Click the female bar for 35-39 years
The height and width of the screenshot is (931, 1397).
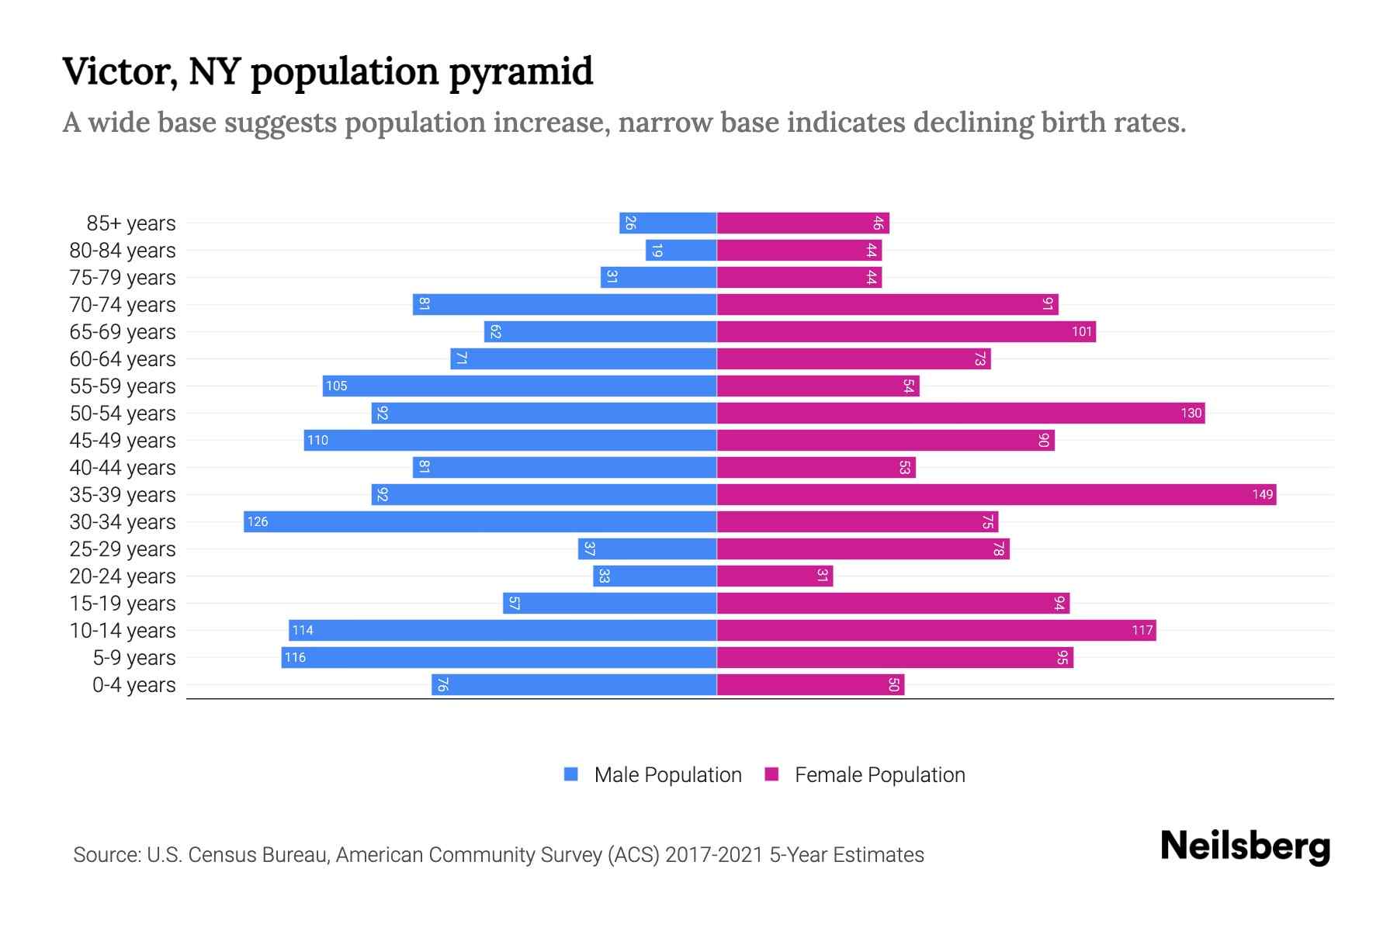pyautogui.click(x=997, y=494)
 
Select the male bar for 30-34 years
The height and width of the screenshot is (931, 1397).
pyautogui.click(x=480, y=521)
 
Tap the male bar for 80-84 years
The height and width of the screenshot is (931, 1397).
pyautogui.click(x=681, y=250)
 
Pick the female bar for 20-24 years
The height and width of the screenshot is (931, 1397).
pyautogui.click(x=775, y=576)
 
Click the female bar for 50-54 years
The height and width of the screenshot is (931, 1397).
pyautogui.click(x=961, y=413)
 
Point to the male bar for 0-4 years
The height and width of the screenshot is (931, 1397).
pyautogui.click(x=574, y=684)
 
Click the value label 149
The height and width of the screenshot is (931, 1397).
pyautogui.click(x=1262, y=494)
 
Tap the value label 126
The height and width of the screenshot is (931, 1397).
pyautogui.click(x=258, y=521)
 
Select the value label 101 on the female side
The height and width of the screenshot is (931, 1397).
pyautogui.click(x=1082, y=331)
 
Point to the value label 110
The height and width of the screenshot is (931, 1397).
pyautogui.click(x=317, y=440)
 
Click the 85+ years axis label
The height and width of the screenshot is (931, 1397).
pyautogui.click(x=130, y=223)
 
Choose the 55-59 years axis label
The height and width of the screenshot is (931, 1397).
pyautogui.click(x=123, y=386)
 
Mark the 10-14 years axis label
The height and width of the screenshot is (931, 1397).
pyautogui.click(x=123, y=631)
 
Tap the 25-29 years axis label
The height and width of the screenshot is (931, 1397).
pyautogui.click(x=123, y=549)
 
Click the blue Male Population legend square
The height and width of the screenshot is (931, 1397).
pyautogui.click(x=571, y=774)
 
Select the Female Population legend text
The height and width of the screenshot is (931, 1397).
pyautogui.click(x=879, y=774)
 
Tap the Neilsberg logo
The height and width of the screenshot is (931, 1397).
pyautogui.click(x=1245, y=846)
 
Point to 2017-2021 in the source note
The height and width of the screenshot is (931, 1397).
pyautogui.click(x=714, y=855)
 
